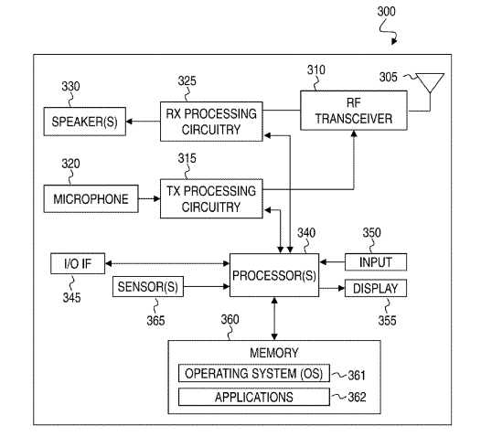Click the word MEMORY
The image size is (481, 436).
pos(274,353)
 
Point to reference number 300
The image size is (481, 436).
pos(386,11)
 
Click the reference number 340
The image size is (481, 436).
pos(306,233)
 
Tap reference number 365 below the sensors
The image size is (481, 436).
pos(155,321)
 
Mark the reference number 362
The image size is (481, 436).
pos(357,398)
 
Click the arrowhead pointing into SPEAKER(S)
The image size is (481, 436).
pos(129,122)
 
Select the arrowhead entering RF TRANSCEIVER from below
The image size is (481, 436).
pos(354,133)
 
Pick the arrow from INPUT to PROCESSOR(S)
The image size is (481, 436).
pos(332,262)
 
